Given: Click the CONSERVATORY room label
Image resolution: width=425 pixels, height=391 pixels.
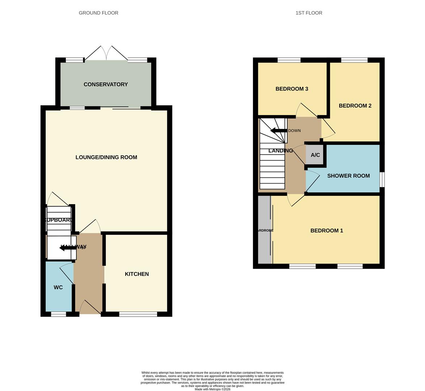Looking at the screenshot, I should tap(105, 84).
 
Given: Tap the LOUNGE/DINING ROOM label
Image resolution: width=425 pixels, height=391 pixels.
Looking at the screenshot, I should tap(106, 157).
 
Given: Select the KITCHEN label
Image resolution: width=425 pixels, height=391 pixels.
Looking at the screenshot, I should tap(136, 274).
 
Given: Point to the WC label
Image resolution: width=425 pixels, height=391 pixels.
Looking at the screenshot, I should tap(58, 287).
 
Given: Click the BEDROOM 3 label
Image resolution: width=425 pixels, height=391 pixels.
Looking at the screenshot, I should tap(291, 89).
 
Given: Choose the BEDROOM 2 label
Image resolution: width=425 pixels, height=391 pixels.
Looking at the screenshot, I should tap(355, 106).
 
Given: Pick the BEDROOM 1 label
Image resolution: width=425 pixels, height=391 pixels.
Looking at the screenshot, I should tap(327, 231).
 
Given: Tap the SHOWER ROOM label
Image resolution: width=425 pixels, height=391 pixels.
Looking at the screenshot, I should tap(348, 176).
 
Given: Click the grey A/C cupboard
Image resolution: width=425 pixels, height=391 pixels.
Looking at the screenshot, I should tap(315, 155).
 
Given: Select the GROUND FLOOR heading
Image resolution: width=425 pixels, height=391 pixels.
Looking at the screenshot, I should tap(98, 13).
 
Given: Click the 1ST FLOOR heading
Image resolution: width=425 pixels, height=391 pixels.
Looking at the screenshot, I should tap(309, 13).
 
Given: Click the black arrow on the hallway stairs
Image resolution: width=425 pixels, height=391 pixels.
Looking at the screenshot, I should tap(67, 248).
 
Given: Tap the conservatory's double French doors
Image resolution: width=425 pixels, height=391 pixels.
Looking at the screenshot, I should tap(106, 54).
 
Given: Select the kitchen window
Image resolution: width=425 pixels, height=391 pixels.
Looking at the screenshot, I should tap(138, 314).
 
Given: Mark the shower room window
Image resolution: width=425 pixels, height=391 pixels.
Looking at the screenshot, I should tap(382, 180).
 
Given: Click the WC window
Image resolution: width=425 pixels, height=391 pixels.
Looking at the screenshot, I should tap(58, 314).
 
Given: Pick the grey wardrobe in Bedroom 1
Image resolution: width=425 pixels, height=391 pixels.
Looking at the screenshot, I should tap(264, 230).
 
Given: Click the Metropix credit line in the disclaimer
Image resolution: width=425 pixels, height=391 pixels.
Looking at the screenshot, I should tap(212, 389).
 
